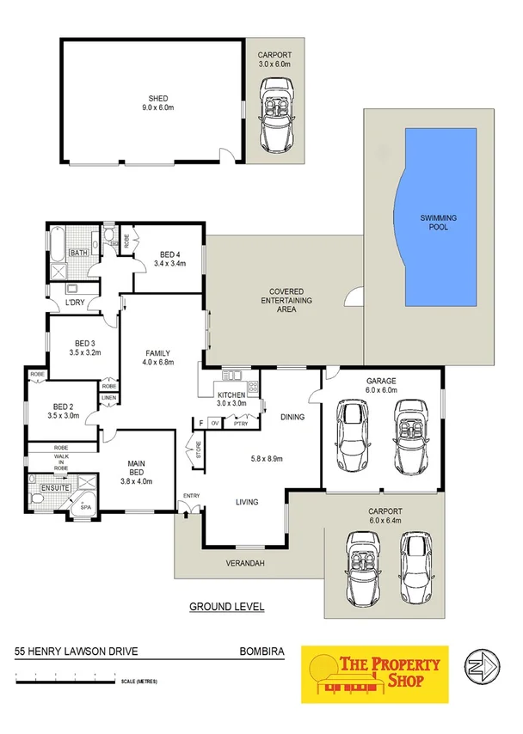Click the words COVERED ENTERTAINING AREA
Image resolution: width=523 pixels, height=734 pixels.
287,301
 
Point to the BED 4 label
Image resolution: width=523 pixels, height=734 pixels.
170,254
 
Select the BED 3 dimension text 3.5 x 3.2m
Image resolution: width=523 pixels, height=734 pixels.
85,352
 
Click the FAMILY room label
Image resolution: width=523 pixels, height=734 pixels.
157,352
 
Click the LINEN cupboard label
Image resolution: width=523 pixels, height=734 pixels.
108,397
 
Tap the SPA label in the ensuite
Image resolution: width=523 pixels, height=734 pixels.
85,507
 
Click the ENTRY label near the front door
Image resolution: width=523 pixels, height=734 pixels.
190,495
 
